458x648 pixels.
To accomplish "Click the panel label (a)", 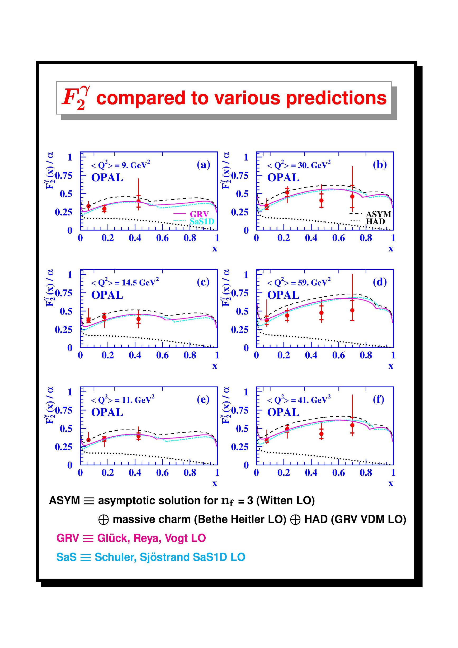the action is tap(203, 165).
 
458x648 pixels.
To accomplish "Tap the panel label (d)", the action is tap(380, 282).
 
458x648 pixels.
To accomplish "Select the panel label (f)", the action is tap(378, 399).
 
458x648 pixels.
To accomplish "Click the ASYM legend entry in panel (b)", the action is tap(370, 214).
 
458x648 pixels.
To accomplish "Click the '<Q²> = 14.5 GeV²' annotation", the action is tap(125, 282).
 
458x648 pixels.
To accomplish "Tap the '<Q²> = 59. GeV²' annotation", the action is tap(299, 282).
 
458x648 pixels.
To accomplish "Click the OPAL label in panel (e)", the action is tap(107, 412).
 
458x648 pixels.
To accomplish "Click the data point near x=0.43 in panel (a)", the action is tap(138, 201).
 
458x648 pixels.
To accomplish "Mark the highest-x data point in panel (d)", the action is tap(352, 311).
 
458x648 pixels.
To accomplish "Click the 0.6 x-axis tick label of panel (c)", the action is tap(162, 355).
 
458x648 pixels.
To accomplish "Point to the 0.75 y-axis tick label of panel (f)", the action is tap(240, 410).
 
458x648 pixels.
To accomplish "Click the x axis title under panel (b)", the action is tap(391, 249).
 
